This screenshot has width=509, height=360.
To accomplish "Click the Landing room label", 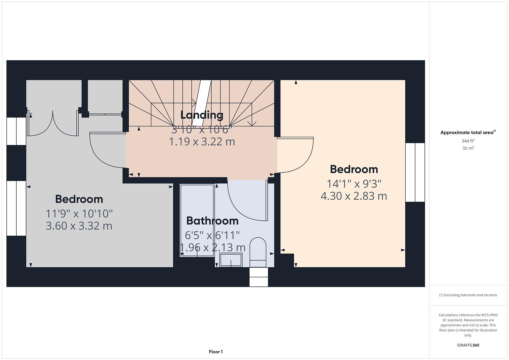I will (x=202, y=115).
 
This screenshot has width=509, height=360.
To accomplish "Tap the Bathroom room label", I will (x=212, y=221).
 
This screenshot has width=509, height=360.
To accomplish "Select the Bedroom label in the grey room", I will (x=79, y=199).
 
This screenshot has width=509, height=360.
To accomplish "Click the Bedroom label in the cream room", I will (x=354, y=169).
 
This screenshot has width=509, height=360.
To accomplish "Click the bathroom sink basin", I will (x=231, y=260).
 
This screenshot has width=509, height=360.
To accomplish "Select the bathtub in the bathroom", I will (x=197, y=220).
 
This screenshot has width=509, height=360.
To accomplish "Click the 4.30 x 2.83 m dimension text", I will (x=354, y=196).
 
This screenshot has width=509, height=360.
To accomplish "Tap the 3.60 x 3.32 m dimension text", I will (x=79, y=226).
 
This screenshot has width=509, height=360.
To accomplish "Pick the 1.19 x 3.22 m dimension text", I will (x=202, y=142).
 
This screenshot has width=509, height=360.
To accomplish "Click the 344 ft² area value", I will (x=468, y=141).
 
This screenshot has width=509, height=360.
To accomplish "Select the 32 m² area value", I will (x=468, y=148).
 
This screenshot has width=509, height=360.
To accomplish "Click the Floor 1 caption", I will (x=216, y=352).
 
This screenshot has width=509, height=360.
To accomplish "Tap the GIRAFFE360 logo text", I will (x=468, y=345).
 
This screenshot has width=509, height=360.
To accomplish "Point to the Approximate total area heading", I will (x=468, y=132).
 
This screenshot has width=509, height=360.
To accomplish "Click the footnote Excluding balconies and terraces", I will (x=468, y=295).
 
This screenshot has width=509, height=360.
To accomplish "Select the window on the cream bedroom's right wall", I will (x=415, y=172).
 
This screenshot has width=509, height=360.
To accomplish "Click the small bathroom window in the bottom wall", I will (x=259, y=277).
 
